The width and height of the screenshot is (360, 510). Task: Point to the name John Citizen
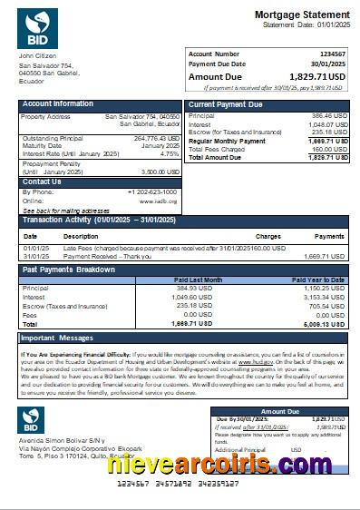tap(37, 57)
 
